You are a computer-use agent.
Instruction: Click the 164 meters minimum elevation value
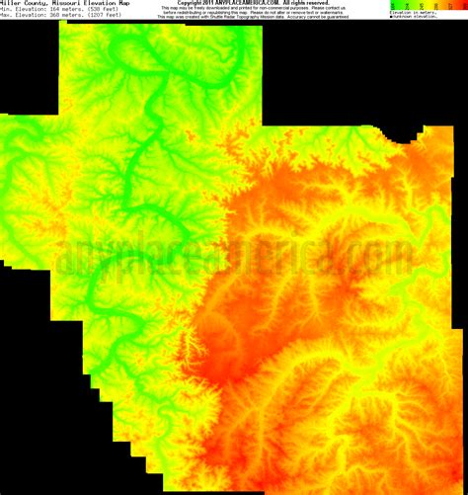click(x=61, y=10)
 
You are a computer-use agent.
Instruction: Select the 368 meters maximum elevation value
click(x=61, y=16)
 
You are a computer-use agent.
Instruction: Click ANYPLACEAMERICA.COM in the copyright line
click(x=244, y=3)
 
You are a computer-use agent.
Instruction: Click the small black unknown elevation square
click(x=391, y=17)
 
